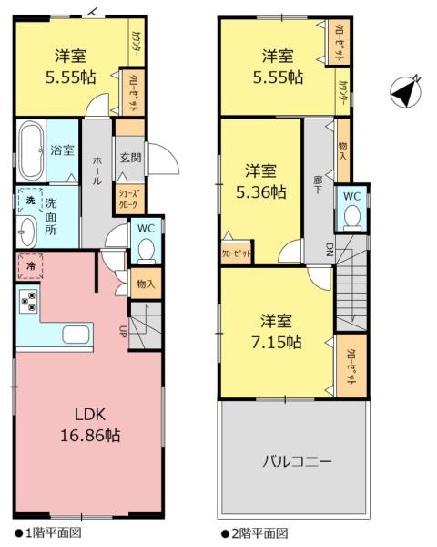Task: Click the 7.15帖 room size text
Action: [278, 341]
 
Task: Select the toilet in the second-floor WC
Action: [351, 216]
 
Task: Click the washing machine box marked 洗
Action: [28, 200]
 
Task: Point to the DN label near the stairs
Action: [328, 249]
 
